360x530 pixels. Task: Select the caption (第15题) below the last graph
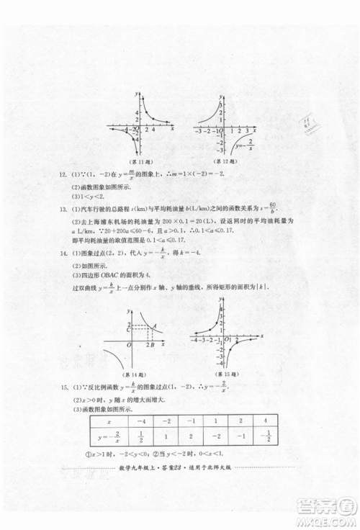click(229, 374)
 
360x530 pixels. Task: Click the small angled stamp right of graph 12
click(310, 126)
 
